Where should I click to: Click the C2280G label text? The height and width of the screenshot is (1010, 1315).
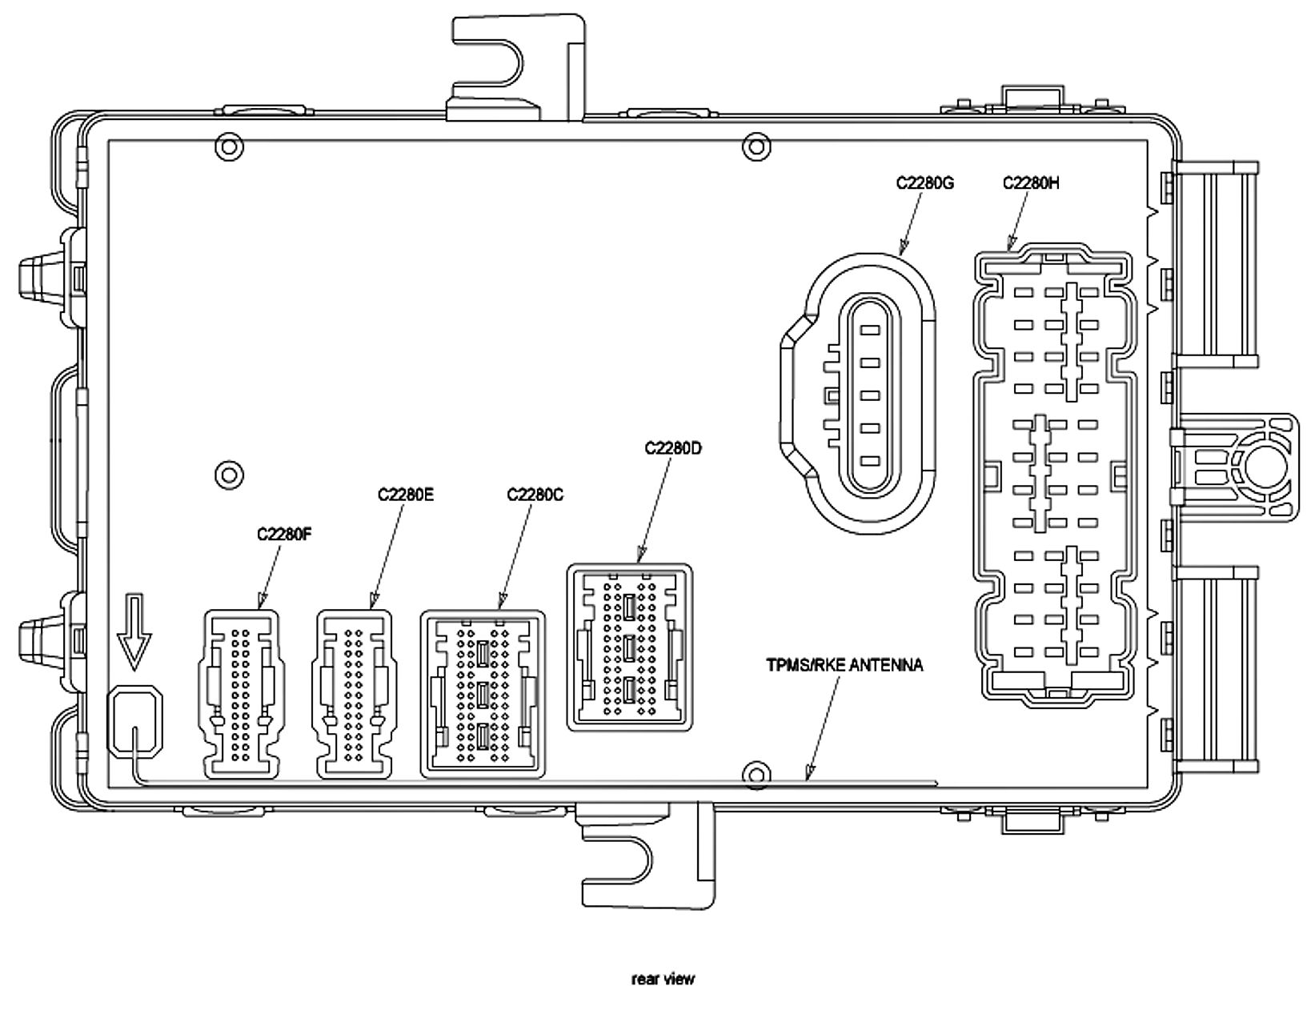(x=924, y=183)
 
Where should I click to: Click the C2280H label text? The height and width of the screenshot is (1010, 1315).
(x=1031, y=183)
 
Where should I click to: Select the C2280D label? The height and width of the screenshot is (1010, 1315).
(x=673, y=448)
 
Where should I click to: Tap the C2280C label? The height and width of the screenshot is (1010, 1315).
(x=535, y=495)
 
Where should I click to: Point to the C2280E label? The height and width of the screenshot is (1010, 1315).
(x=406, y=495)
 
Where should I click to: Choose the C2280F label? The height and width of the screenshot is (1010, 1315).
(x=284, y=534)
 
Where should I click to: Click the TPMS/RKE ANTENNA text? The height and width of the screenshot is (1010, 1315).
(x=844, y=665)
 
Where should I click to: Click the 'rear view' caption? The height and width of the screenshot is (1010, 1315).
(x=664, y=979)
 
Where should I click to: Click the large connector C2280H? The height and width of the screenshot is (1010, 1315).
(x=1054, y=479)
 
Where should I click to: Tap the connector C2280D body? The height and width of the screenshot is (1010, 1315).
(x=630, y=647)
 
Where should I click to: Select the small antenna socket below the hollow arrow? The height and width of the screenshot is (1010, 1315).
(x=134, y=720)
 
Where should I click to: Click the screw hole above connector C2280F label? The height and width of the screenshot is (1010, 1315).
(x=230, y=474)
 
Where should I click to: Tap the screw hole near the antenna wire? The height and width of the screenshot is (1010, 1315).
(x=754, y=774)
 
